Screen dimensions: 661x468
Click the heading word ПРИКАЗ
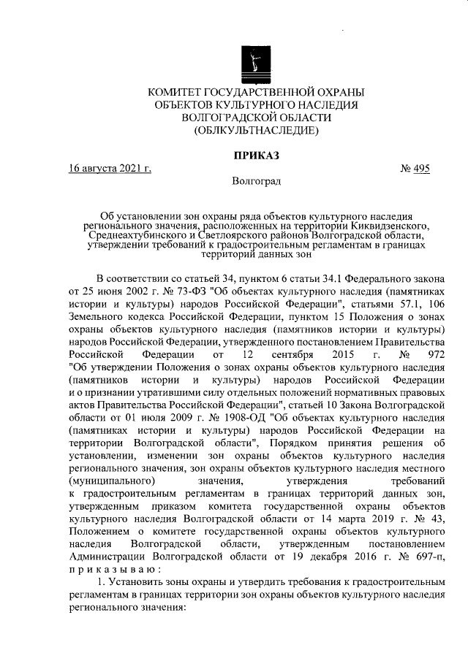pyautogui.click(x=255, y=155)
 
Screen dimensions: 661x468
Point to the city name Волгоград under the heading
pyautogui.click(x=255, y=182)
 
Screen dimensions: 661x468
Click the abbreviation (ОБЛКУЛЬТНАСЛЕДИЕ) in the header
pyautogui.click(x=255, y=131)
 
